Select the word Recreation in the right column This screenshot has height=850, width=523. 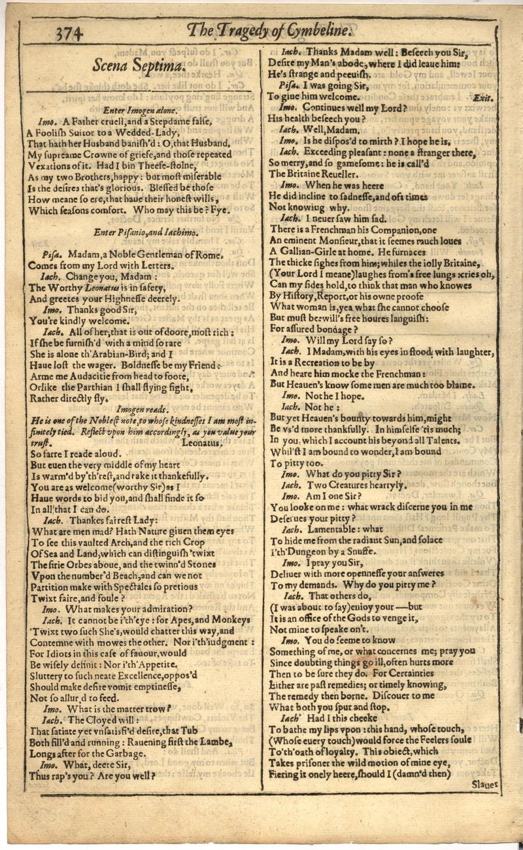tap(318, 363)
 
